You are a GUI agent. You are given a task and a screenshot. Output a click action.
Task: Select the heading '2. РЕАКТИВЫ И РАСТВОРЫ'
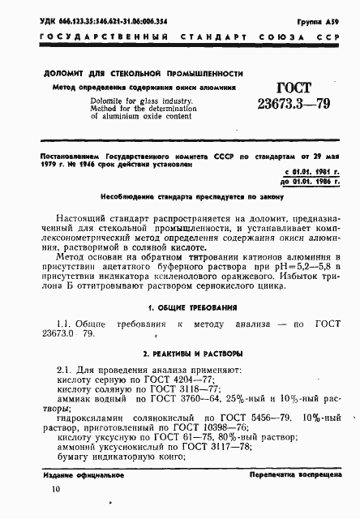[x=179, y=354]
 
